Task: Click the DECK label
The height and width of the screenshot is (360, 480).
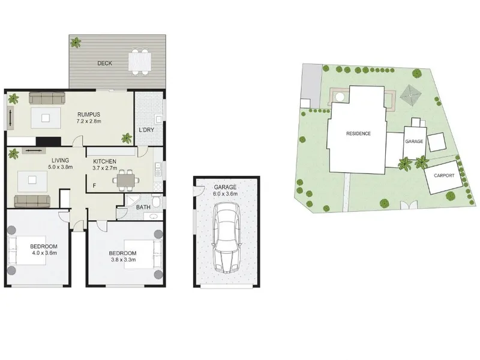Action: point(104,64)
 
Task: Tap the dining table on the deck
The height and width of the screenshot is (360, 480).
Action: point(140,62)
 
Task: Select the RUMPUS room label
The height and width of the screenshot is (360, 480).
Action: point(89,115)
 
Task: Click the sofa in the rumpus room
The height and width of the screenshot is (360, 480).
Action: point(47,98)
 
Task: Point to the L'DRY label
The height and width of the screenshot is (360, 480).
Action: point(146,130)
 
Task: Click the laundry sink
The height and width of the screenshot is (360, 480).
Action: point(158,118)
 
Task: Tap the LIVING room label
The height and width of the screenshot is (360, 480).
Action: point(61,160)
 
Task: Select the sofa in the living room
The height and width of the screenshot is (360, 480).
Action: point(32,201)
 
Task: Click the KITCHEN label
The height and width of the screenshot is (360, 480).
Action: point(104,161)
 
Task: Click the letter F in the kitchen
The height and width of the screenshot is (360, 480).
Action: point(95,185)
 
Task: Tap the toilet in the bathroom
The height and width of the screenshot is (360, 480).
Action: point(157,200)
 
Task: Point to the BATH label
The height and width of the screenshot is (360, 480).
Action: point(143,207)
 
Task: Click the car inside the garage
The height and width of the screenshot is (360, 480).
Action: point(227,238)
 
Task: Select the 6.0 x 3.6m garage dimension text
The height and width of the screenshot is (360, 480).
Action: point(226,194)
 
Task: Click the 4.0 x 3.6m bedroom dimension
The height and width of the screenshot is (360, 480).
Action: point(44,253)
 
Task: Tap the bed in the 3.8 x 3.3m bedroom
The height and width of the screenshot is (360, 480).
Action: point(143,254)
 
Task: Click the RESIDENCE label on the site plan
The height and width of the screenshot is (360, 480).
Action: point(358,133)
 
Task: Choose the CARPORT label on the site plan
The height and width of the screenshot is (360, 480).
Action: point(444,175)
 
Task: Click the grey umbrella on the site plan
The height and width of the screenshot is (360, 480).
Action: point(411,95)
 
